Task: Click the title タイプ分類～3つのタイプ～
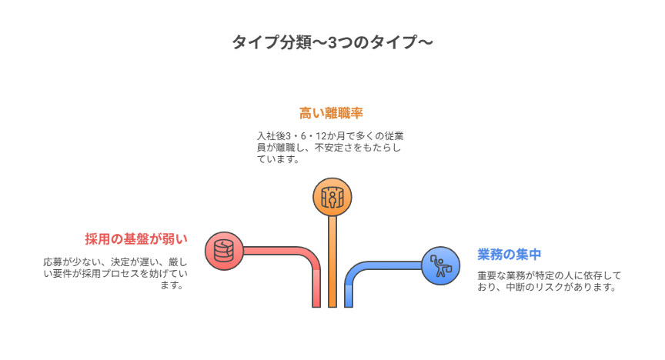coord(332,43)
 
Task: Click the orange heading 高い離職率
coord(331,113)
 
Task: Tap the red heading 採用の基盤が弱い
coord(135,239)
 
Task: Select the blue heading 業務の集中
coord(510,254)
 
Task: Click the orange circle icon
coord(332,196)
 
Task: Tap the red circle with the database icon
coord(223,251)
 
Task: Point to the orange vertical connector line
coord(332,262)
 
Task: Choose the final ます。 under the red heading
coord(173,285)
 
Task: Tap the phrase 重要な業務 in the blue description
coord(500,275)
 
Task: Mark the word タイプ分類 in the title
coord(266,43)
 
